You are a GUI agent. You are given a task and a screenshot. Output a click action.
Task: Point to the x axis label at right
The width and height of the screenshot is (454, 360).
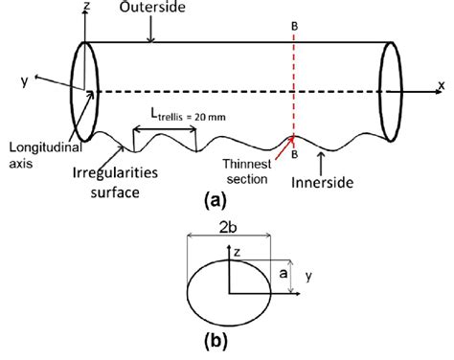tap(441, 84)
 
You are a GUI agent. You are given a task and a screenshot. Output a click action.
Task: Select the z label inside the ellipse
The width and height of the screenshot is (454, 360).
tap(236, 271)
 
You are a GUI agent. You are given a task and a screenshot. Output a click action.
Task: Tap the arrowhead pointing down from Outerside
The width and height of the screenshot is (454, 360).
tap(150, 38)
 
